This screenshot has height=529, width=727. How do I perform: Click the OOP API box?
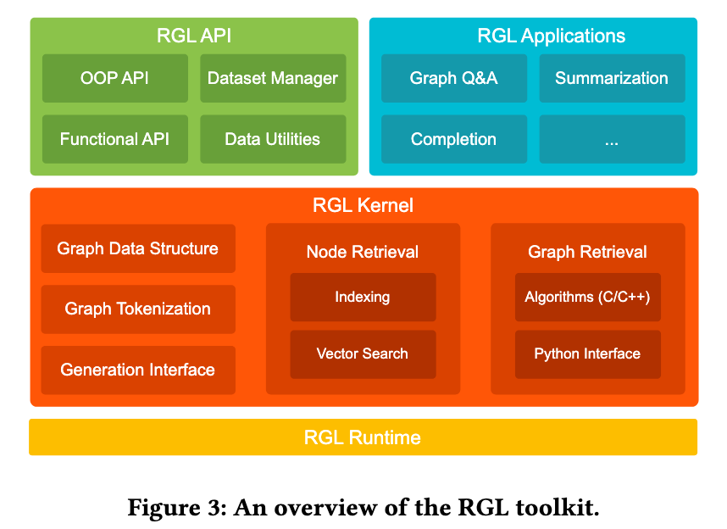[x=115, y=79]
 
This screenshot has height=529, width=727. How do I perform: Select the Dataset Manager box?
[x=273, y=79]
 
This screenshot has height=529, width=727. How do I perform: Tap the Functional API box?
[x=115, y=139]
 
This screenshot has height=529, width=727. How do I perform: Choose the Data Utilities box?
[x=273, y=139]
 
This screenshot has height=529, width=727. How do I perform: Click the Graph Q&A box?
[x=454, y=79]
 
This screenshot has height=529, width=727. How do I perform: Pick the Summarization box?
[x=612, y=79]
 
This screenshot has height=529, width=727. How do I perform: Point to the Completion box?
[x=454, y=139]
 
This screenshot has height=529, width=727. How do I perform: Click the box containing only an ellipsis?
[x=612, y=139]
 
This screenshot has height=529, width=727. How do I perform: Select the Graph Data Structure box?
[x=138, y=248]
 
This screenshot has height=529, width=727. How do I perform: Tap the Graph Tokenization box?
[x=138, y=309]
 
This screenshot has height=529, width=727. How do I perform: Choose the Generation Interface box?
[x=138, y=370]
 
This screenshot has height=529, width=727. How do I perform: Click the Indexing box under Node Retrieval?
[x=363, y=297]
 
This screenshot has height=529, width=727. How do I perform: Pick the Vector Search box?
[x=363, y=354]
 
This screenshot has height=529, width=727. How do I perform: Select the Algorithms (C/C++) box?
[x=588, y=297]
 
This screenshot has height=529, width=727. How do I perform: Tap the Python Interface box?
[x=588, y=354]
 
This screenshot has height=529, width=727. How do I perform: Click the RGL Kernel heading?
[x=363, y=205]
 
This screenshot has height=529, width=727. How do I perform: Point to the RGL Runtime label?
[x=363, y=437]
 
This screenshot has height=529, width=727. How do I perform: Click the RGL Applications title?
[x=552, y=36]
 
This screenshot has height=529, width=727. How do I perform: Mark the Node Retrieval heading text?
[x=363, y=252]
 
